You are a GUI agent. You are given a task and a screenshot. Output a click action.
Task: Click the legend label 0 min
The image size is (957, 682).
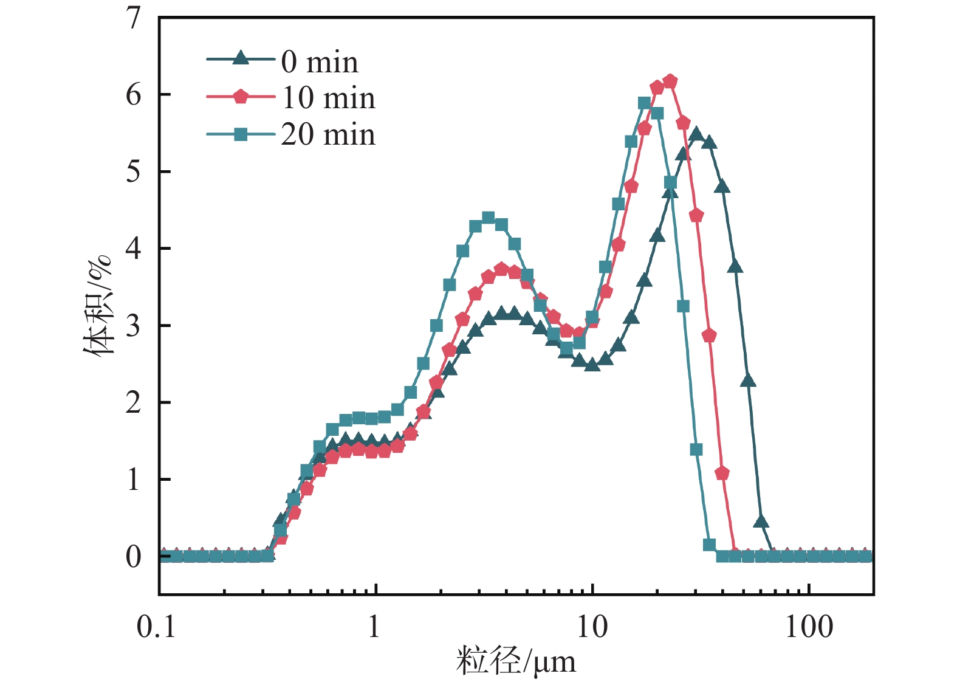(320, 62)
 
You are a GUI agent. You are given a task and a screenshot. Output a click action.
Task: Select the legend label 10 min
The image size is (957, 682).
(328, 98)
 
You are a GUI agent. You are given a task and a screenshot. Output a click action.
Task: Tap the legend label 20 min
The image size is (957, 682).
(328, 134)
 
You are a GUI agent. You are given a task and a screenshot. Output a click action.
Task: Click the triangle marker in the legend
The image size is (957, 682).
(241, 58)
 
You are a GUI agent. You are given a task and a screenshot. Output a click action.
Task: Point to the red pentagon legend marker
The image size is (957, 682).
(241, 96)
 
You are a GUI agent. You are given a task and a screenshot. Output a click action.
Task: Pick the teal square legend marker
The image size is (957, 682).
(241, 134)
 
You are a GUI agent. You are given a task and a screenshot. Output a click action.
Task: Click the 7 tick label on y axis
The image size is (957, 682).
(133, 18)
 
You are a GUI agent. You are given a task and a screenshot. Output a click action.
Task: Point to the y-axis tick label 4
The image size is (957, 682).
(133, 249)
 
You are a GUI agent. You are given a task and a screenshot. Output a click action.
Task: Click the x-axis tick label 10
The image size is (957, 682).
(591, 627)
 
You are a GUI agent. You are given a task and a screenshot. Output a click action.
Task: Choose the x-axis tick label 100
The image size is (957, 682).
(809, 627)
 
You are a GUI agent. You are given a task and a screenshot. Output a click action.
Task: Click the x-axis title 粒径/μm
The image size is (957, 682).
(515, 661)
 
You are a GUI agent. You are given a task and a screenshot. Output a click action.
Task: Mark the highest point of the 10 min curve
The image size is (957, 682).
(670, 81)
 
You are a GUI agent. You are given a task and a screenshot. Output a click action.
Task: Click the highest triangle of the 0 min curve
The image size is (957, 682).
(696, 134)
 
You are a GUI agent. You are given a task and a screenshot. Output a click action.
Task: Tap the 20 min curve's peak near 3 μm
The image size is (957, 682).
(488, 218)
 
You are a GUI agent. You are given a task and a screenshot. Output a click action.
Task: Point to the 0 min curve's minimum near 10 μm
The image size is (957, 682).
(592, 365)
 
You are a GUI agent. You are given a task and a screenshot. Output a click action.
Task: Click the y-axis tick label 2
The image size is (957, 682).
(133, 402)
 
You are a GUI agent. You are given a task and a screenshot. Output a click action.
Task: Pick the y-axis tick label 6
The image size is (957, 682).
(133, 95)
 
